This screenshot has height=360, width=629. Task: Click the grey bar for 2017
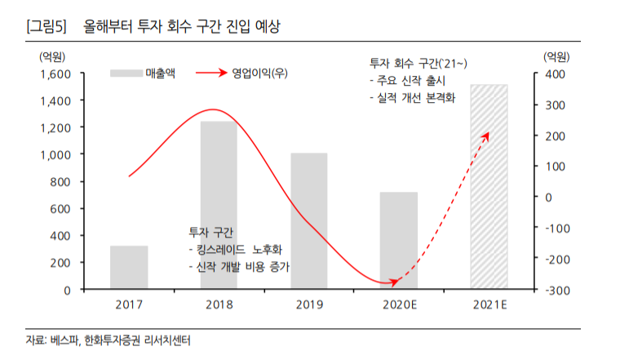click(x=129, y=268)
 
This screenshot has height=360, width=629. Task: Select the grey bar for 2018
click(x=219, y=205)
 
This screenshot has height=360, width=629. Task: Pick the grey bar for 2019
click(x=308, y=221)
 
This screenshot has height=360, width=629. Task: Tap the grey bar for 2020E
click(x=398, y=241)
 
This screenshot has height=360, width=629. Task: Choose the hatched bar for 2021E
click(x=489, y=187)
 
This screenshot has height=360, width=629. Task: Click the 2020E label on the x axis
click(x=398, y=305)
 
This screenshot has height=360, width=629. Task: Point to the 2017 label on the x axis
click(x=129, y=305)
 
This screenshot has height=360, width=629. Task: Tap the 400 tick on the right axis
click(x=555, y=73)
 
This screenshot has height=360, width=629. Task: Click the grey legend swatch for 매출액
click(x=126, y=73)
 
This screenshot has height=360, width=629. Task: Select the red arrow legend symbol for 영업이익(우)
click(x=210, y=73)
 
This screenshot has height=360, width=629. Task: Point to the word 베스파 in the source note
click(x=63, y=340)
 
